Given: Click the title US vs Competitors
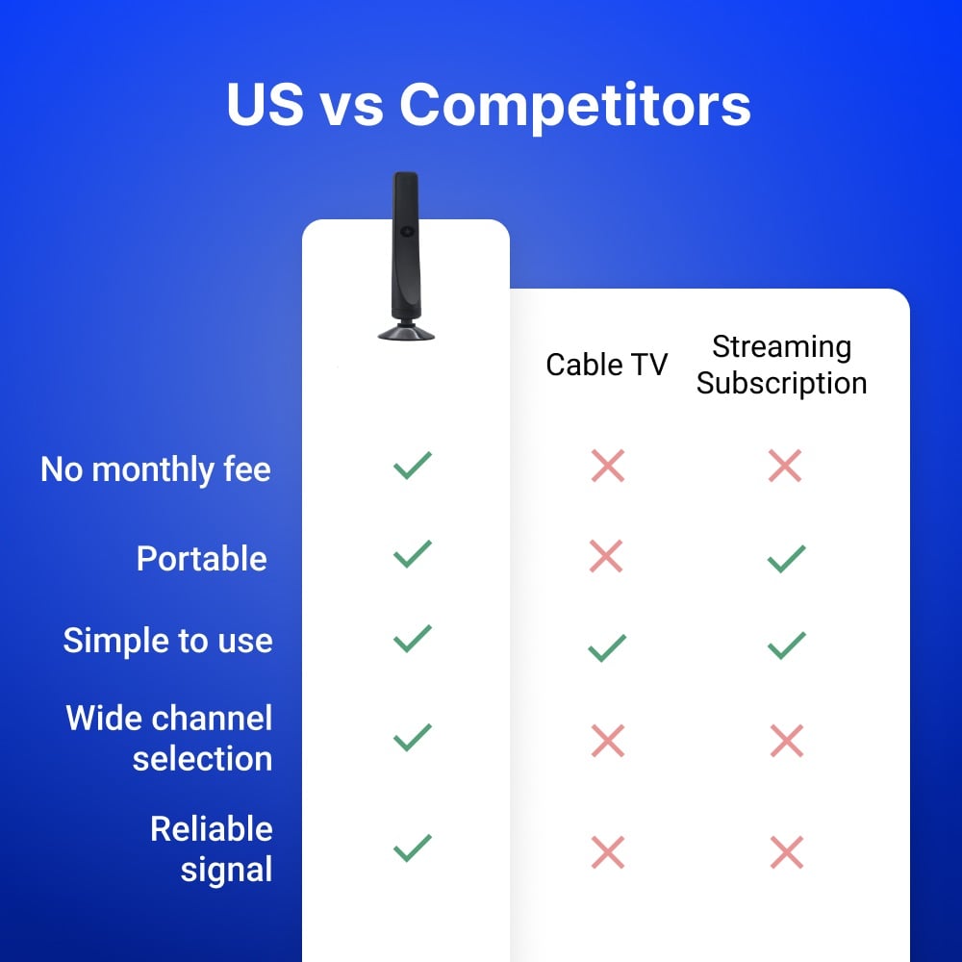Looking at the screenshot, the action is point(489,105).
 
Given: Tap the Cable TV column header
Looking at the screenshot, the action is point(606,365).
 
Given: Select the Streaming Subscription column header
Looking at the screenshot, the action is point(781,365).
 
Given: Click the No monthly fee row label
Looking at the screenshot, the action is point(155,470).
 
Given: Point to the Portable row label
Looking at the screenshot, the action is point(201,558).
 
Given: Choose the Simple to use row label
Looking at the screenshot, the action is point(167,641).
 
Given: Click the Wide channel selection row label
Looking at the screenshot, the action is point(168,738).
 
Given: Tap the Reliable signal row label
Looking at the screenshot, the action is point(212,849).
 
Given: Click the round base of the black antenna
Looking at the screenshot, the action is point(406,332).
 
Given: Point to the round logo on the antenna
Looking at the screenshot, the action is point(406,231).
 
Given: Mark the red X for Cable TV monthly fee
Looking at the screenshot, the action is point(608,466).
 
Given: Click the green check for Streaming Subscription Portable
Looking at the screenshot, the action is point(787,559).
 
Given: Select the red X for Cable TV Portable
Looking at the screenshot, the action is point(606,556).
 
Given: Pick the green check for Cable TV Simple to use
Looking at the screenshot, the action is point(607,647).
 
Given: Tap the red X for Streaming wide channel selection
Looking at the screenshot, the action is point(787,741).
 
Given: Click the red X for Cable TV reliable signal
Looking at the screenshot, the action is point(608,852).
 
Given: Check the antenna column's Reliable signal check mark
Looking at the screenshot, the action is point(413,848).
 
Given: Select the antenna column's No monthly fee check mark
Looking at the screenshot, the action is point(413,465).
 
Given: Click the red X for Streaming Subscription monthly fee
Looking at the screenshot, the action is point(785,466).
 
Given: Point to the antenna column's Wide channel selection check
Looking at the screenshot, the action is point(413,738).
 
